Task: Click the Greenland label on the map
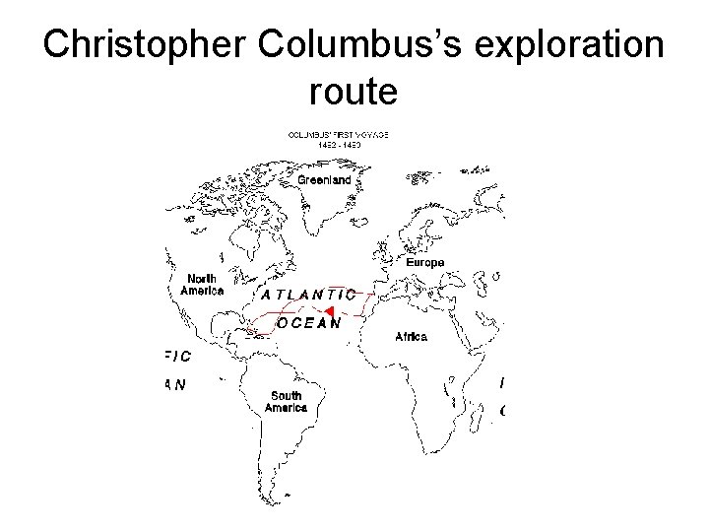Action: (x=324, y=180)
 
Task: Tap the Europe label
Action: (x=425, y=262)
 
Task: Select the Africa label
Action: (x=411, y=337)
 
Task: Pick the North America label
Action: (x=202, y=285)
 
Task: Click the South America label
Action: (x=286, y=402)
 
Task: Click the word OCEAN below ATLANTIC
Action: (x=309, y=321)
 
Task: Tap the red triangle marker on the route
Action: (x=331, y=312)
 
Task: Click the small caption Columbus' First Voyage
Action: (x=338, y=134)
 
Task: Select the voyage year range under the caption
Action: (x=338, y=144)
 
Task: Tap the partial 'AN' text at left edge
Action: (x=173, y=385)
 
